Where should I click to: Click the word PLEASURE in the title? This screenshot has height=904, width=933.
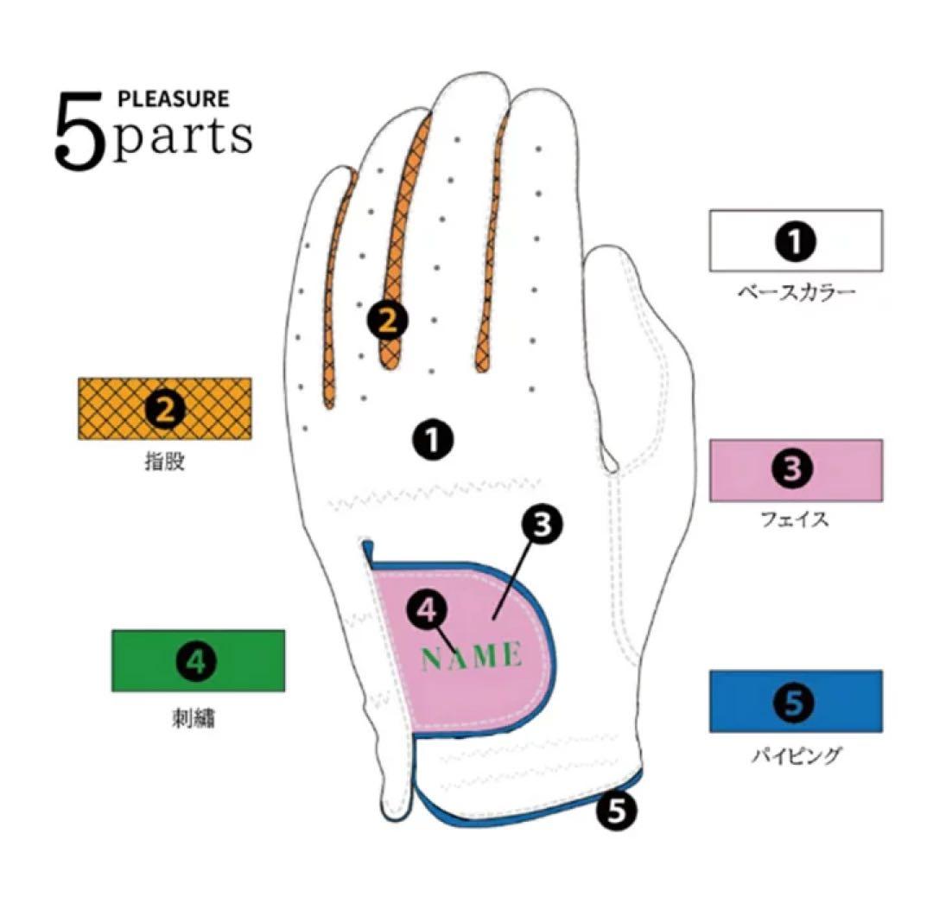click(x=173, y=99)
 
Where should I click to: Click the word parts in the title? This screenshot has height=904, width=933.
click(x=182, y=137)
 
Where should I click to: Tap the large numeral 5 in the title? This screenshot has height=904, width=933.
click(x=79, y=131)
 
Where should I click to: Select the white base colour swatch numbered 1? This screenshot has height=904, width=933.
click(x=796, y=240)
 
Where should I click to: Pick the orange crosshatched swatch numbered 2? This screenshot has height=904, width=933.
click(x=165, y=409)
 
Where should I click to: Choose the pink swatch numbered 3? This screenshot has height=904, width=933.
click(x=796, y=470)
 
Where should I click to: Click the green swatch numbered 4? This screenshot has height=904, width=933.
click(x=198, y=660)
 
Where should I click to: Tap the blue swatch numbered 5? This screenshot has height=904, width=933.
click(x=796, y=701)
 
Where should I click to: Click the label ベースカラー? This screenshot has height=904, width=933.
click(x=797, y=291)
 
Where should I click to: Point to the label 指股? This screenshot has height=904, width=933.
click(x=165, y=462)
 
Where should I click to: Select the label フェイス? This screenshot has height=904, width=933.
click(x=795, y=519)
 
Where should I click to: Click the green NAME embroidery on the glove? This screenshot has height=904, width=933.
click(x=472, y=656)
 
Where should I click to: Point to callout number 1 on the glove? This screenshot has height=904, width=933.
click(x=433, y=441)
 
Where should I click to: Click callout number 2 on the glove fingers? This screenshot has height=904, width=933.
click(x=387, y=321)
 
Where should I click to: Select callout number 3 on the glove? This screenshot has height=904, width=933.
click(x=542, y=525)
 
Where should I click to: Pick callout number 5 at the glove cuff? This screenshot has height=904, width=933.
click(x=617, y=810)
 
